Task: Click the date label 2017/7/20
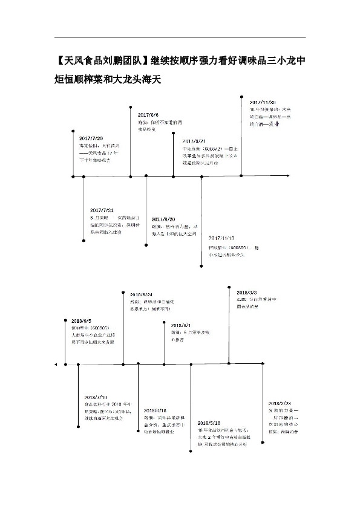pos(91,138)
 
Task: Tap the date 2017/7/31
pos(102,210)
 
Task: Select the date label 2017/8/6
pos(148,115)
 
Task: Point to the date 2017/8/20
pos(163,218)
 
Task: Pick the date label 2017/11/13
pos(221,238)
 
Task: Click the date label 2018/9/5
pos(81,320)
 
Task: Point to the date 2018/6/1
pos(180,325)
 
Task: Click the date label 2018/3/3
pos(247,292)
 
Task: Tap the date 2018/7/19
pos(95,397)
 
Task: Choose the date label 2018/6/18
pos(156,410)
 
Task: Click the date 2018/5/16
pos(209,423)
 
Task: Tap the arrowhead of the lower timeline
pos(56,364)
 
